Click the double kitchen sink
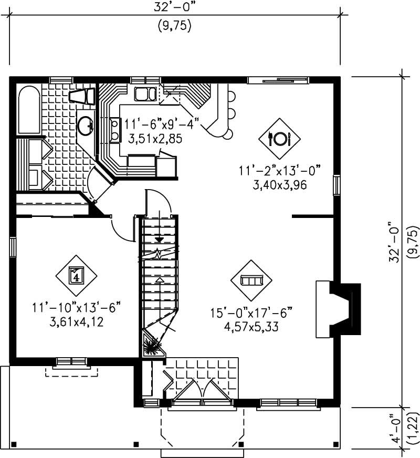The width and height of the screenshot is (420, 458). click(x=144, y=95)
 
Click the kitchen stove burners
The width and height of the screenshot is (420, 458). click(x=114, y=130)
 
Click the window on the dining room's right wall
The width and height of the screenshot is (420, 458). click(x=337, y=185)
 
